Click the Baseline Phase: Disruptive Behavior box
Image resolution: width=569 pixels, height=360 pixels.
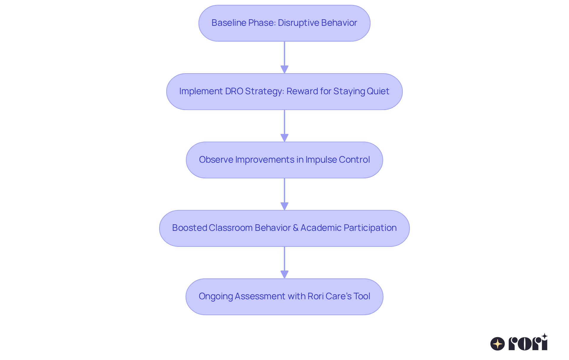[x=284, y=23]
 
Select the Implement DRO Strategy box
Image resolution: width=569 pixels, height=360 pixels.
[x=284, y=92]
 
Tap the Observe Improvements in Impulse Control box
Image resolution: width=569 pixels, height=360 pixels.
[x=284, y=160]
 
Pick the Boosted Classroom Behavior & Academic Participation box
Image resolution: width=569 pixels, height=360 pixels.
[x=284, y=228]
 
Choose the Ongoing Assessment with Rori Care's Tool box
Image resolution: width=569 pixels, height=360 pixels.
[x=284, y=297]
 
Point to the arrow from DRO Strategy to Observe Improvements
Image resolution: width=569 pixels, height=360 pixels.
[x=284, y=126]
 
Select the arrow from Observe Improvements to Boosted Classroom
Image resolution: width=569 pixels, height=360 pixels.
[x=284, y=194]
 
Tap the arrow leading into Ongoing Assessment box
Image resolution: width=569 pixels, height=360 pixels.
[x=284, y=263]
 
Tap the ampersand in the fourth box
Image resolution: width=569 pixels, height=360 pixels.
[x=295, y=228]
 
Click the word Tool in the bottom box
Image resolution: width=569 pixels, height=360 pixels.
[x=362, y=296]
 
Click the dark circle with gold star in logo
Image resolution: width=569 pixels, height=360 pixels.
[x=498, y=344]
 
